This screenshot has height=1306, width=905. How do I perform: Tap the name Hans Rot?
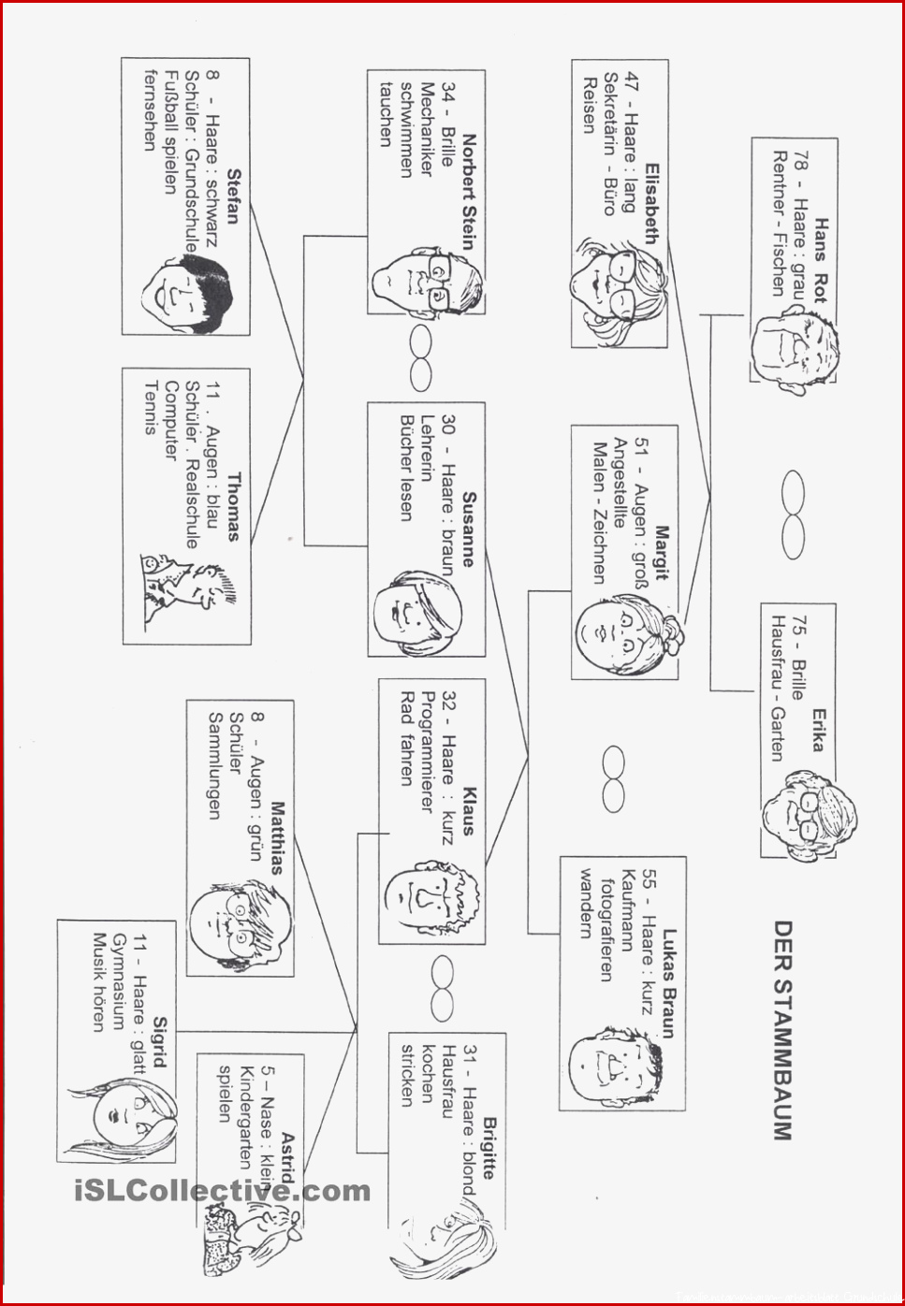coord(821,261)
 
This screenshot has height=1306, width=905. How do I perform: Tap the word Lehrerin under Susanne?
coord(427,448)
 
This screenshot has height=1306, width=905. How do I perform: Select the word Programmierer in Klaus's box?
coord(428,752)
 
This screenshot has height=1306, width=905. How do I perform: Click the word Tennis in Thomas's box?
coord(151,408)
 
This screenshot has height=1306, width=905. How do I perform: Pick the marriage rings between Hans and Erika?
coord(793,515)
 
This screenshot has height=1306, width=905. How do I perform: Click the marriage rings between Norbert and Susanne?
coord(421,358)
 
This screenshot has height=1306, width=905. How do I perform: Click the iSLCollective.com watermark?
coord(222,1191)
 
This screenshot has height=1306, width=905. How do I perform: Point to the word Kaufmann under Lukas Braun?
coord(627,910)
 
